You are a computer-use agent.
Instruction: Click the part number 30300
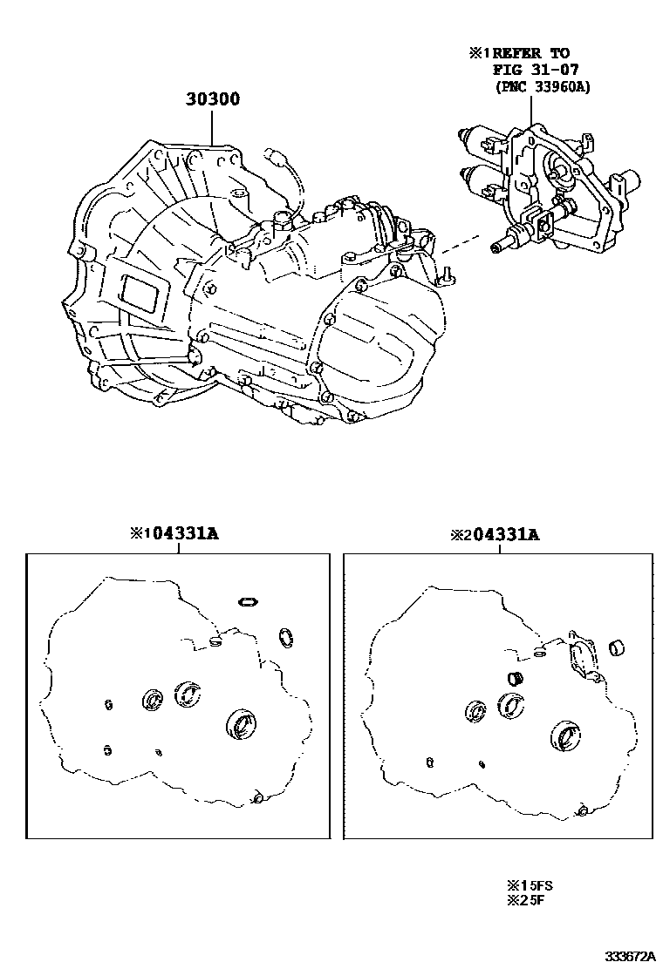point(212,100)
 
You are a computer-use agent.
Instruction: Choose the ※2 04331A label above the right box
point(495,534)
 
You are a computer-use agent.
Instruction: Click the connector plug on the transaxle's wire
point(275,159)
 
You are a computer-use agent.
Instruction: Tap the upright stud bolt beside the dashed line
point(445,273)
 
